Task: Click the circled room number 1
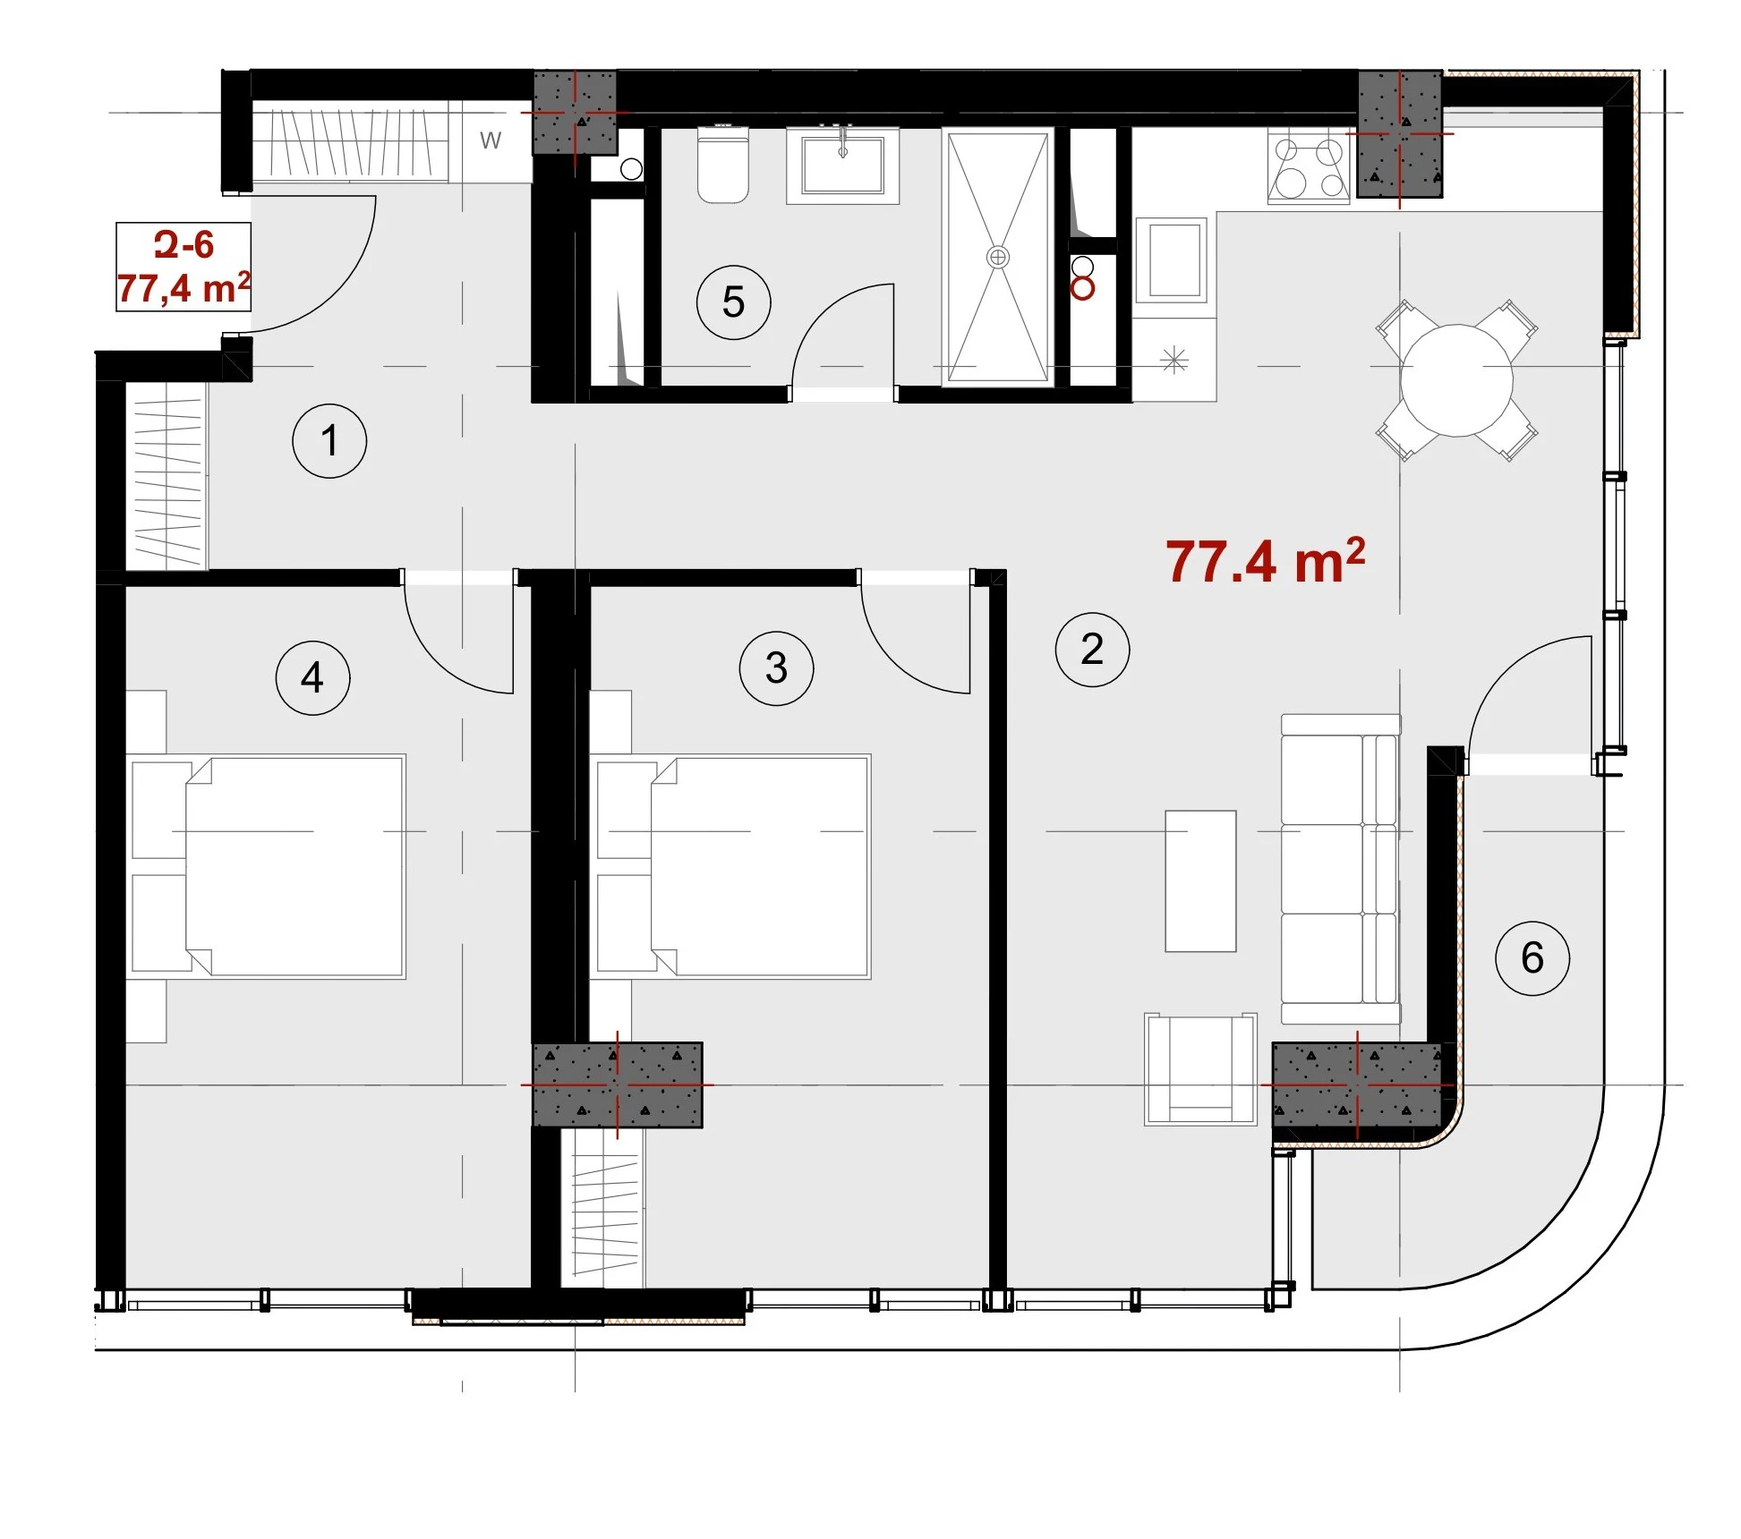329,440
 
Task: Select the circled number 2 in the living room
1092,650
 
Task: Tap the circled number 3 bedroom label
776,668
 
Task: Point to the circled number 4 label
312,677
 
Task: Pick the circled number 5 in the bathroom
733,302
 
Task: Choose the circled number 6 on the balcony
1532,958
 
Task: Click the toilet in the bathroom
722,164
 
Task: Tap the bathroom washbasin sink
842,166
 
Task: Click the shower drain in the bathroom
997,258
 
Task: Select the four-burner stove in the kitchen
1309,166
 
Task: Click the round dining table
1456,380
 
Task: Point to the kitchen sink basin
1173,260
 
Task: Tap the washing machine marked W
491,141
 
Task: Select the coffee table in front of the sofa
1200,881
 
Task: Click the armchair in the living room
1200,1068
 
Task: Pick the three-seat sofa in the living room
1340,869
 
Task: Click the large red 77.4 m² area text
1265,562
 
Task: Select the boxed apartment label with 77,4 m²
183,267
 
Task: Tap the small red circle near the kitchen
1082,288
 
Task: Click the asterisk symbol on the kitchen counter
1173,360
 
